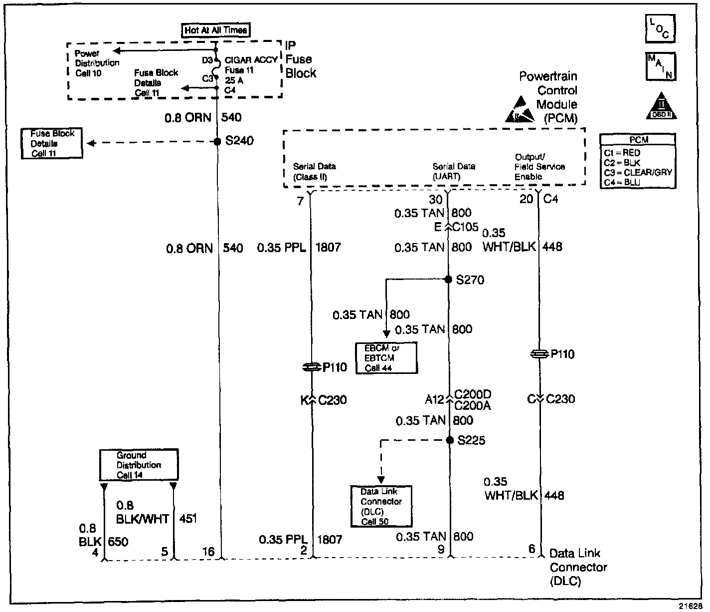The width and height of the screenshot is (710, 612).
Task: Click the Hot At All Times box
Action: (215, 30)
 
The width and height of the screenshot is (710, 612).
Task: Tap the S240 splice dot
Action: (217, 142)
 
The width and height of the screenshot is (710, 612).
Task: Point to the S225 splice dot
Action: (449, 440)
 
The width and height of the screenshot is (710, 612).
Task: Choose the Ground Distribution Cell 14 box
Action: (139, 465)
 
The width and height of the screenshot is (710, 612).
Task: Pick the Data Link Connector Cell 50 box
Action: (381, 506)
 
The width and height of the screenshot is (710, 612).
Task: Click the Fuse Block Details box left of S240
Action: (52, 144)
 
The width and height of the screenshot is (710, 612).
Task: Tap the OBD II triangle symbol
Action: (662, 106)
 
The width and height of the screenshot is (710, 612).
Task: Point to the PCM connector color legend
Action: (638, 161)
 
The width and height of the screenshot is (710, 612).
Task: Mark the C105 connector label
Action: (465, 228)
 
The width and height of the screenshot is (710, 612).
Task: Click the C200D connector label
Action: (473, 395)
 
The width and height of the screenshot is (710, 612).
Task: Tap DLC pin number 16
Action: (208, 551)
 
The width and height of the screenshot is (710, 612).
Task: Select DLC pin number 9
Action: (441, 550)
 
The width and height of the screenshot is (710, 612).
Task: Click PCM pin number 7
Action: (300, 201)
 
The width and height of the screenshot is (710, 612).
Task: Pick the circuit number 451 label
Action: (187, 519)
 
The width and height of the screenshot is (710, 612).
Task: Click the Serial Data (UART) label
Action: (454, 171)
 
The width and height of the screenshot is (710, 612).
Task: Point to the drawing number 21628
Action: (690, 606)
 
